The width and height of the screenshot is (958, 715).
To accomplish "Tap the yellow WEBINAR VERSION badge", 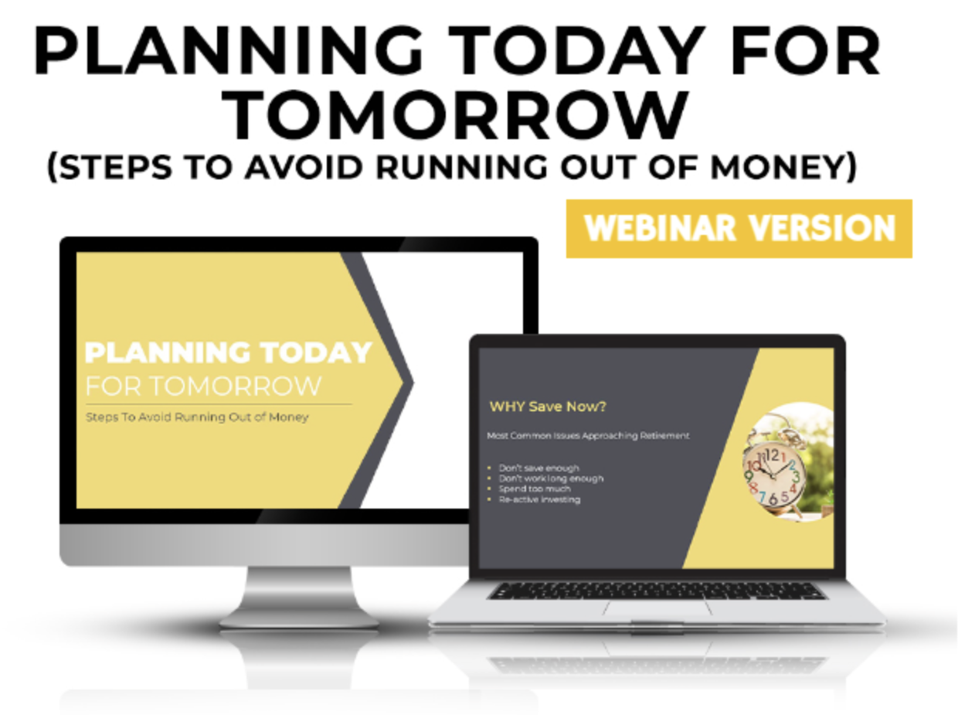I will pos(739,229).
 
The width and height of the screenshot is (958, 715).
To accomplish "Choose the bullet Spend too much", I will pos(535,489).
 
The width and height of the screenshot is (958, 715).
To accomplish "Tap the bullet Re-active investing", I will pos(539,499).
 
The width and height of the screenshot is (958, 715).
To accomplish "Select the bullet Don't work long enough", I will pos(551,478).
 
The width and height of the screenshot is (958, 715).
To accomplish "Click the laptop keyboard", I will pos(656,591).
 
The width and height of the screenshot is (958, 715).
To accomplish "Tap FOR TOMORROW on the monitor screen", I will pos(203,385).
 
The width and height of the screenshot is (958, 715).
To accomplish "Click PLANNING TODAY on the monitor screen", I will pos(228,352).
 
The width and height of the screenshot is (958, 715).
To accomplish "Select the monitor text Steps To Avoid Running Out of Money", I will pos(196,417).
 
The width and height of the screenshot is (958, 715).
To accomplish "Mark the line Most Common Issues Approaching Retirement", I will pos(588,436).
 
